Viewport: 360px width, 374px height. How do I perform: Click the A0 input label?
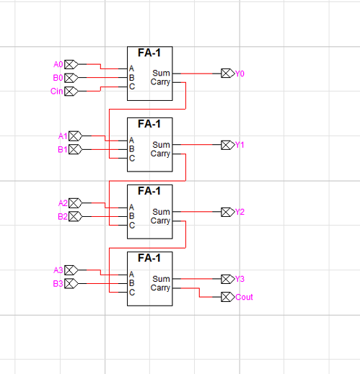coord(58,64)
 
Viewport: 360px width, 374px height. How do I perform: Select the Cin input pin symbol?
coord(71,91)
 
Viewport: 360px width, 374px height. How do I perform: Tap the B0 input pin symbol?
coord(71,78)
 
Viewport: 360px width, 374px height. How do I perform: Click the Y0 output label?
coord(240,74)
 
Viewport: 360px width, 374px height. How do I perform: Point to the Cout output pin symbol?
coord(228,297)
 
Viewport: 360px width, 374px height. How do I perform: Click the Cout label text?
coord(244,297)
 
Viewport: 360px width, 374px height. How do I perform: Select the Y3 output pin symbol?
coord(228,279)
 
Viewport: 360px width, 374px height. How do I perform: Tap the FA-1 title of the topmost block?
coord(149,53)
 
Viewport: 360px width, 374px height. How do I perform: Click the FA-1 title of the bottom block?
coord(149,258)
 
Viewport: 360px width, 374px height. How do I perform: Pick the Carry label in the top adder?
coord(160,82)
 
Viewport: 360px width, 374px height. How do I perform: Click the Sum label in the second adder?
coord(161,145)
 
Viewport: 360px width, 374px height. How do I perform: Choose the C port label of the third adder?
coord(132,226)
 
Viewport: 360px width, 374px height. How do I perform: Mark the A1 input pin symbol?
coord(75,136)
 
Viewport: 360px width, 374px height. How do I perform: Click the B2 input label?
coord(63,217)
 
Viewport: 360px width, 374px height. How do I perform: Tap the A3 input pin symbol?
coord(71,270)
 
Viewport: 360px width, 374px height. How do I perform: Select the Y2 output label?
coord(240,212)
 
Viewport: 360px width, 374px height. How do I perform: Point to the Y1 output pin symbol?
coord(228,145)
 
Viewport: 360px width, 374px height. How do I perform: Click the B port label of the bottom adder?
coord(131,283)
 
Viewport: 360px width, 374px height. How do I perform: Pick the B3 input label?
coord(58,284)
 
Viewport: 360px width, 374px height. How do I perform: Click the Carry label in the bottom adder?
coord(160,288)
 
